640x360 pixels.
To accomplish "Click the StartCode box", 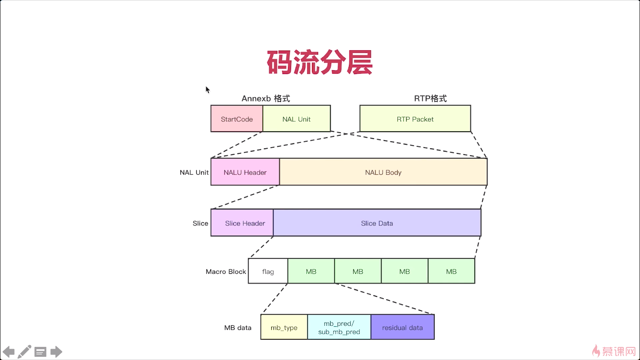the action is coord(237,119).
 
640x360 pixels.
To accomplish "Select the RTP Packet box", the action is coord(415,119).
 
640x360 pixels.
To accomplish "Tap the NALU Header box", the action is coord(245,172).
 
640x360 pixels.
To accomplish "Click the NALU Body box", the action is coord(383,172).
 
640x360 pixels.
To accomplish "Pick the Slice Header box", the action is coord(242,223).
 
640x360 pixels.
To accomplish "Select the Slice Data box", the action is coord(377,223).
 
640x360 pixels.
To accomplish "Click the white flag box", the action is coord(268,271).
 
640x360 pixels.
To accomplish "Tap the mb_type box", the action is coord(284,327).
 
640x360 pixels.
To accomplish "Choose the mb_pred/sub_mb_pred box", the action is coord(339,327).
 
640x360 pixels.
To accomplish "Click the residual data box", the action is coord(402,327).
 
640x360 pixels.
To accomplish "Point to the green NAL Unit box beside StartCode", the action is coord(297,119).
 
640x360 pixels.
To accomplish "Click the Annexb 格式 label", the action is coord(266,98).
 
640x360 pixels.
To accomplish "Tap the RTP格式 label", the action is coord(430,98).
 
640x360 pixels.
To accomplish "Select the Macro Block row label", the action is coord(226,271).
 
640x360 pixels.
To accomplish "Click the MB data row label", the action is coord(238,327).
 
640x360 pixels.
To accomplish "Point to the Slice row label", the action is coord(200,223).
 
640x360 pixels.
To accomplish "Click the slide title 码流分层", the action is coord(320,62).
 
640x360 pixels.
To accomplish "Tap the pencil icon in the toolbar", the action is coord(24,352).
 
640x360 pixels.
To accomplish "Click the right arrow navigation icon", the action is coord(56,352).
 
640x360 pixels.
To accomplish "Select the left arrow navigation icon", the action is coord(8,352).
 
